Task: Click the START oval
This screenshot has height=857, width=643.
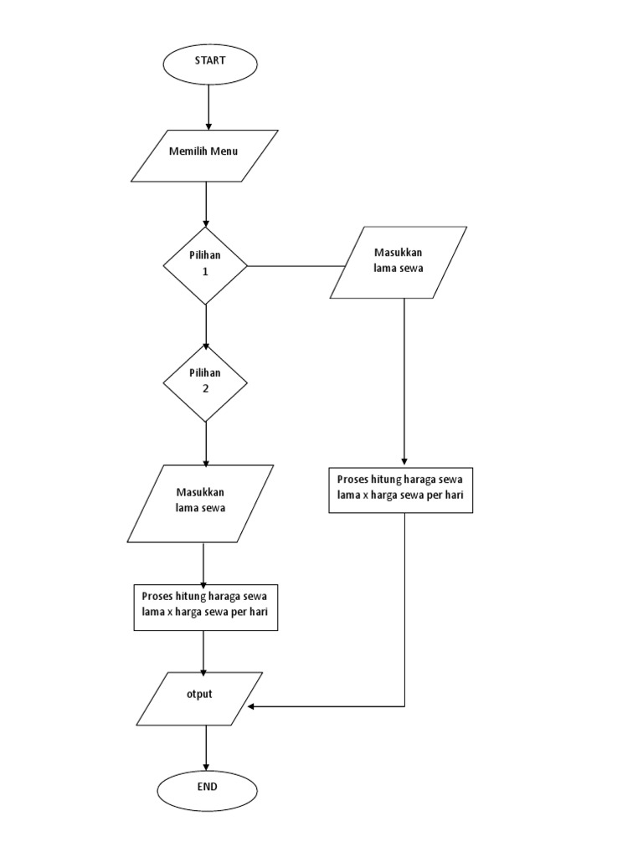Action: (210, 64)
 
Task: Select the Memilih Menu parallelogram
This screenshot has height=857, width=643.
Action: (205, 155)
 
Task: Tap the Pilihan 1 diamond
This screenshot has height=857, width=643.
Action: (205, 265)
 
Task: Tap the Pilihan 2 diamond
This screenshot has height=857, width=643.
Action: (205, 382)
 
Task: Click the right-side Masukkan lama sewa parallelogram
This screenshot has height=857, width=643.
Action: (399, 262)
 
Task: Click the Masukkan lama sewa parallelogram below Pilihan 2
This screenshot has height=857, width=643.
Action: (200, 503)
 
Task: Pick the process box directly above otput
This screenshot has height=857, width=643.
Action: (206, 607)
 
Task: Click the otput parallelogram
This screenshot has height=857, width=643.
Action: (200, 698)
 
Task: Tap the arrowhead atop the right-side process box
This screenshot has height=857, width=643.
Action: (405, 463)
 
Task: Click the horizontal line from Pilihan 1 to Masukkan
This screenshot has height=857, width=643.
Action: (296, 267)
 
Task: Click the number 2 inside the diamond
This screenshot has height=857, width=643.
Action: (204, 389)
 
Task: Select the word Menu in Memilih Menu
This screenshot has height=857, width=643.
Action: (224, 151)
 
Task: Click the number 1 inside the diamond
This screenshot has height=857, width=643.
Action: (204, 272)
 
